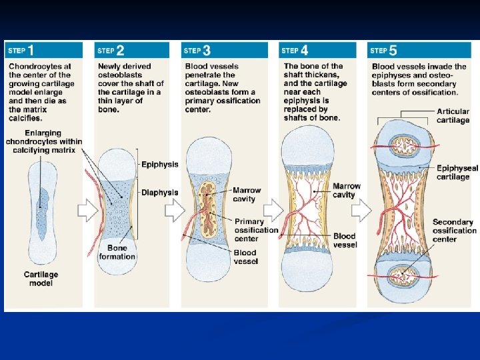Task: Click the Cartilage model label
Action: pyautogui.click(x=41, y=279)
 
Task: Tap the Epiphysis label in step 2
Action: pyautogui.click(x=159, y=165)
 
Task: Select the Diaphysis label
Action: pyautogui.click(x=159, y=193)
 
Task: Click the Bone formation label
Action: pyautogui.click(x=117, y=252)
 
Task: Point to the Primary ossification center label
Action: pyautogui.click(x=256, y=230)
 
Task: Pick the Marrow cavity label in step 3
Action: pyautogui.click(x=247, y=195)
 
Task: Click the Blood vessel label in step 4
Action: pyautogui.click(x=345, y=240)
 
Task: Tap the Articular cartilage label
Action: pyautogui.click(x=453, y=116)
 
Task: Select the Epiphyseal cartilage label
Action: pyautogui.click(x=457, y=173)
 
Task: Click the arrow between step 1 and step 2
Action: pyautogui.click(x=88, y=211)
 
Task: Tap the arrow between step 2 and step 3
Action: pyautogui.click(x=175, y=211)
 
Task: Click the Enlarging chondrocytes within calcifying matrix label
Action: pyautogui.click(x=44, y=141)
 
